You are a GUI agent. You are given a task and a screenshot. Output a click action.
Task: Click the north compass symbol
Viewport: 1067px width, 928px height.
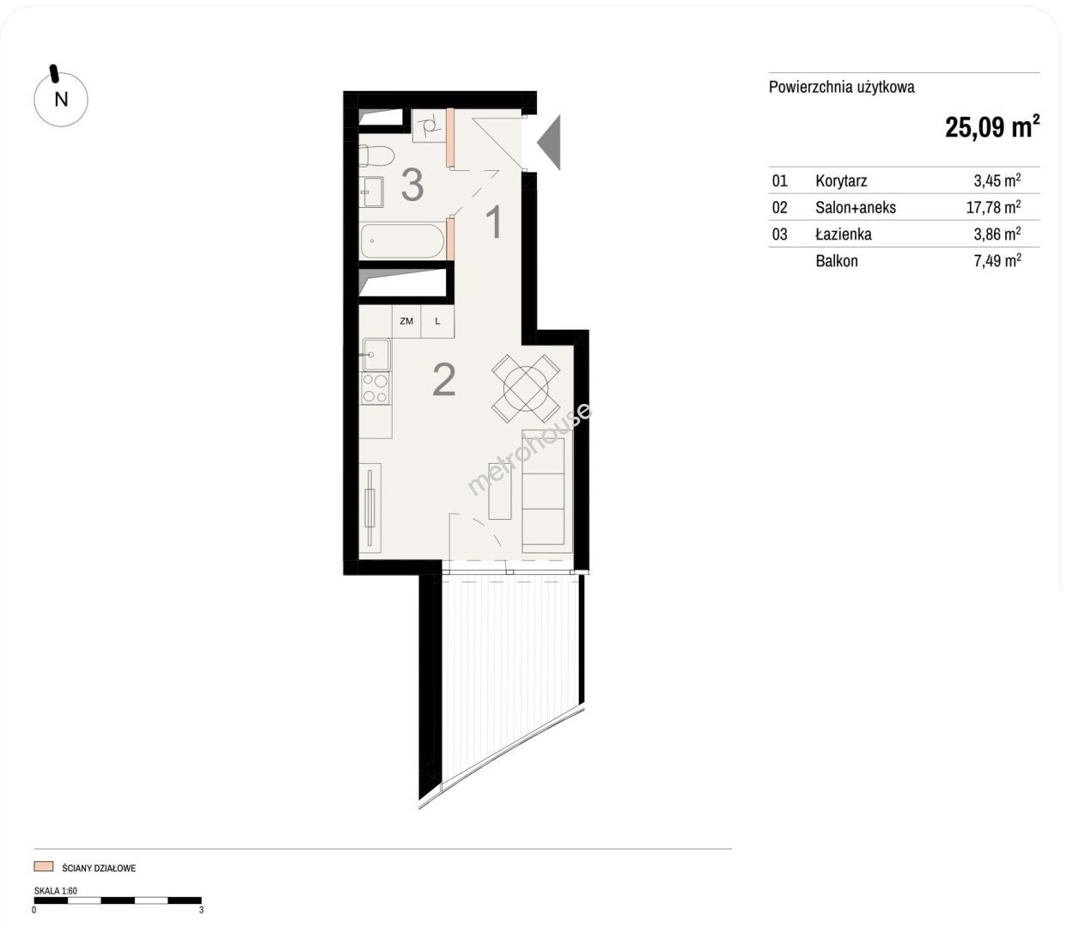click(x=60, y=98)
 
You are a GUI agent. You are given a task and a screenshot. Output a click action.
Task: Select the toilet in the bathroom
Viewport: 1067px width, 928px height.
click(x=375, y=156)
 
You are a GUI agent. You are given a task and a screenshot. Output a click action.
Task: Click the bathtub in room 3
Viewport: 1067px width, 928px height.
click(x=402, y=241)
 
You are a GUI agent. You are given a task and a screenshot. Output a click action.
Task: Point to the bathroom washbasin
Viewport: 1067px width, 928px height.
click(x=371, y=192)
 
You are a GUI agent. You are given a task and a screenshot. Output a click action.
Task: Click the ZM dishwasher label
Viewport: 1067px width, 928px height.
click(x=406, y=321)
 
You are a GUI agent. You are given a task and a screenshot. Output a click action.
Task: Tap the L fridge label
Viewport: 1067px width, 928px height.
click(x=437, y=321)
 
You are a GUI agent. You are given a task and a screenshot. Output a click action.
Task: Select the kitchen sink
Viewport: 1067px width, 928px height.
click(x=375, y=355)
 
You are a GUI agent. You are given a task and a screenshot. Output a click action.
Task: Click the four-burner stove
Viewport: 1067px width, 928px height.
click(x=375, y=388)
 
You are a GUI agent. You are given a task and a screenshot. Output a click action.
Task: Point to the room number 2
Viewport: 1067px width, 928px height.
click(x=444, y=381)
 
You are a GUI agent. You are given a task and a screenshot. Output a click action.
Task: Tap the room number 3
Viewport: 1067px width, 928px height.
click(x=412, y=185)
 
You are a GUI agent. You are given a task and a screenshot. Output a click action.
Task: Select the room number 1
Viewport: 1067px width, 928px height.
click(x=494, y=223)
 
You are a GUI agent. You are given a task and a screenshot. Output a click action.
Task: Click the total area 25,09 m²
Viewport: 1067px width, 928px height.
click(x=992, y=127)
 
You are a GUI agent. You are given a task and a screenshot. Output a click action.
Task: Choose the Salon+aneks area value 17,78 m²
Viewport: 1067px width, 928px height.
click(x=993, y=206)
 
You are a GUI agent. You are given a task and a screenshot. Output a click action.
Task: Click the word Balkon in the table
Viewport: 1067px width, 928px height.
click(x=837, y=261)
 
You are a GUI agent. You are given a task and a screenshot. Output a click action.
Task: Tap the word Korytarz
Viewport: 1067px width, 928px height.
click(x=841, y=181)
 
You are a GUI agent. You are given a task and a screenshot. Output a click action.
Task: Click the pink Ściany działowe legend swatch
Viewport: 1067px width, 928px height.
click(x=44, y=866)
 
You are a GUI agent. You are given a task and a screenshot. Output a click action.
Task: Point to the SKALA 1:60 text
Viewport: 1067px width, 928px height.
click(x=56, y=891)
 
